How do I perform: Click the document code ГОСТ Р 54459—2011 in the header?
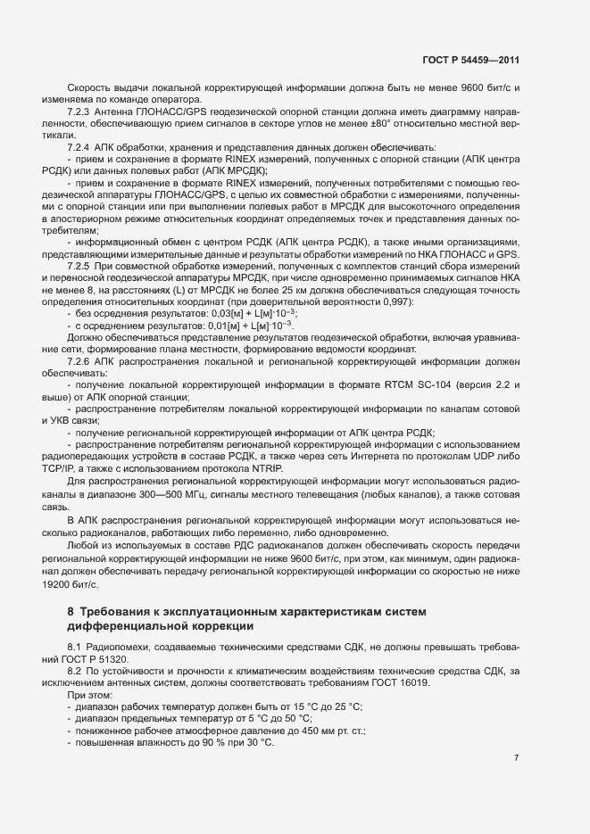(470, 60)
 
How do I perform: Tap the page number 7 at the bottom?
(516, 733)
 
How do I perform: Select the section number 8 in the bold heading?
(71, 611)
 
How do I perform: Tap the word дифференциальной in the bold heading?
(136, 625)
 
